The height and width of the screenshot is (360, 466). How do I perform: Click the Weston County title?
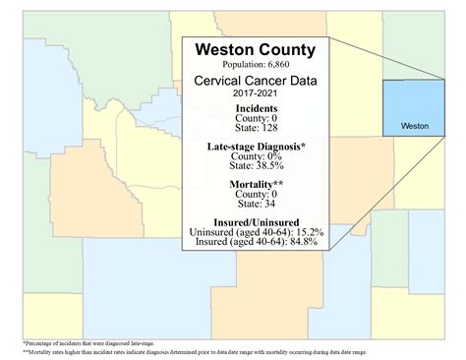coord(255,49)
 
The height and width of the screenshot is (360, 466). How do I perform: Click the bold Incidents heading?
coord(255,108)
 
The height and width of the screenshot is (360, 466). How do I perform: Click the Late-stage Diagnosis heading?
coord(255,147)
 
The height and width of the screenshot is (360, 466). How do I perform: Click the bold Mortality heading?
coord(255,184)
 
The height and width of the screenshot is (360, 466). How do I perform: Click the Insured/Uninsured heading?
coord(255,222)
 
